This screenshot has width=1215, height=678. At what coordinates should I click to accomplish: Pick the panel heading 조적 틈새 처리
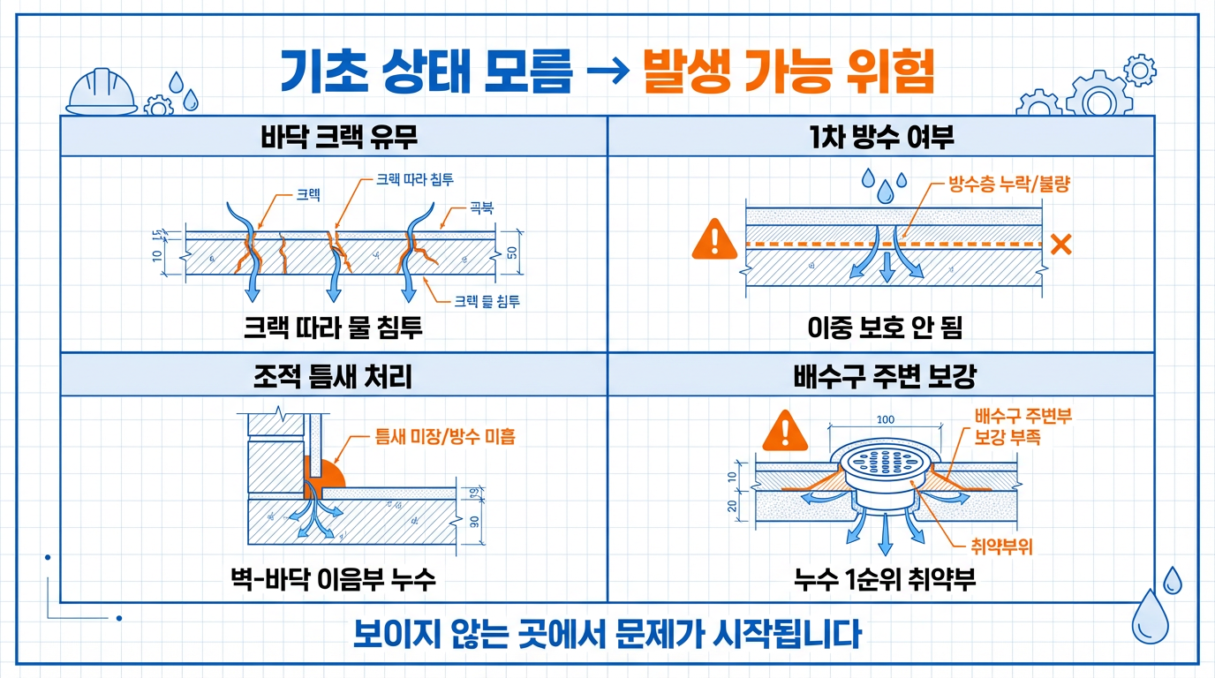coord(333,376)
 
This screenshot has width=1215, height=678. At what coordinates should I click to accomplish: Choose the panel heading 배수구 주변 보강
coord(881,376)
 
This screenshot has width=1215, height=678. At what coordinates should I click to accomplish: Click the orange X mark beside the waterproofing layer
coord(1060,245)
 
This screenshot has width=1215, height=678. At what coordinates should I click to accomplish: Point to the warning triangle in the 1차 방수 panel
coord(713,238)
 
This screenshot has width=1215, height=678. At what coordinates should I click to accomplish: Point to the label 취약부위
coord(1002,546)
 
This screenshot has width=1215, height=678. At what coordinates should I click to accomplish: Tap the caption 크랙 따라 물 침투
coord(333,329)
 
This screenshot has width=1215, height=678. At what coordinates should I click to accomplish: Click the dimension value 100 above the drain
coord(886,419)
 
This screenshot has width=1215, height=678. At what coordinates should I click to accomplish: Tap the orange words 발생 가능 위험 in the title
coord(788,72)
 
